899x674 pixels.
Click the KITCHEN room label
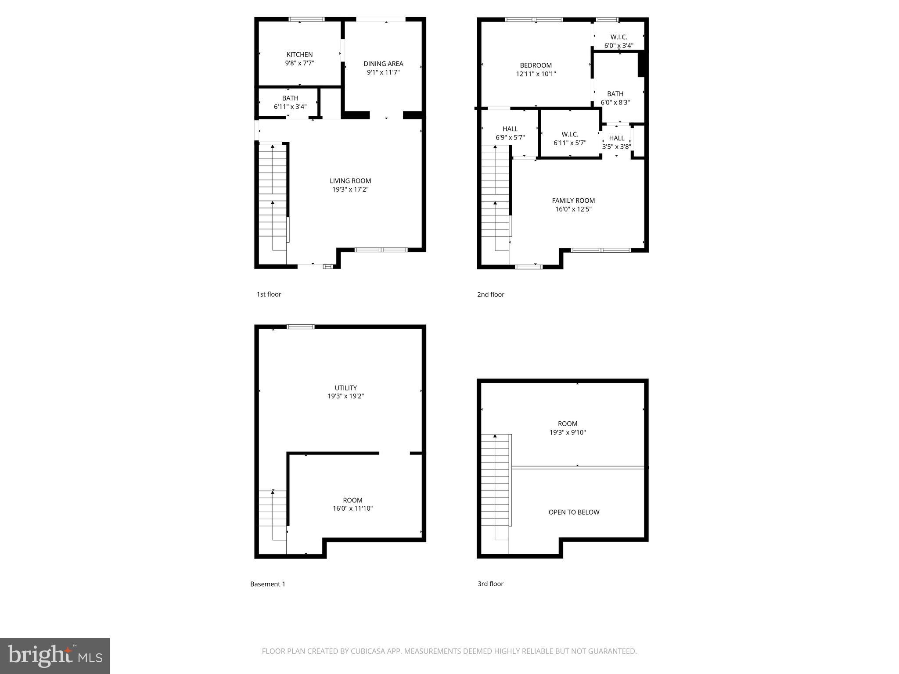click(299, 54)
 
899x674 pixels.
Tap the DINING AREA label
click(383, 64)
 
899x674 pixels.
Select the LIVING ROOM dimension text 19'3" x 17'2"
click(350, 190)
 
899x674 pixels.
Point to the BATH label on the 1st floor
click(290, 98)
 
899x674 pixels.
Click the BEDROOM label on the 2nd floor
click(536, 65)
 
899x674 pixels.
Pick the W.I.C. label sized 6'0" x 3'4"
click(619, 37)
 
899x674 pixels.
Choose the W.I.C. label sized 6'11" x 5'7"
click(570, 134)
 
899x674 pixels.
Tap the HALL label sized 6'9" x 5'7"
click(510, 129)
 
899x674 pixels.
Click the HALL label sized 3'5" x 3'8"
click(616, 138)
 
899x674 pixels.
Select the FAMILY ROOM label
click(573, 201)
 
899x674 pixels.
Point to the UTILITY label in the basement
click(345, 388)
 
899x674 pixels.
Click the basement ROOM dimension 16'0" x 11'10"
click(352, 509)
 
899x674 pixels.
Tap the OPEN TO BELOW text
click(574, 512)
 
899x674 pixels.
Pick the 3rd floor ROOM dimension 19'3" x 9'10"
click(568, 433)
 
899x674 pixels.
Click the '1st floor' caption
click(269, 294)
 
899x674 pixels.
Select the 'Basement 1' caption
click(268, 584)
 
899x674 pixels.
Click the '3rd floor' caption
click(490, 584)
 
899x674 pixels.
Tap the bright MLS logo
click(54, 656)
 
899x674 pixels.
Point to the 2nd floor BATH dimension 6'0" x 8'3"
click(615, 103)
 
